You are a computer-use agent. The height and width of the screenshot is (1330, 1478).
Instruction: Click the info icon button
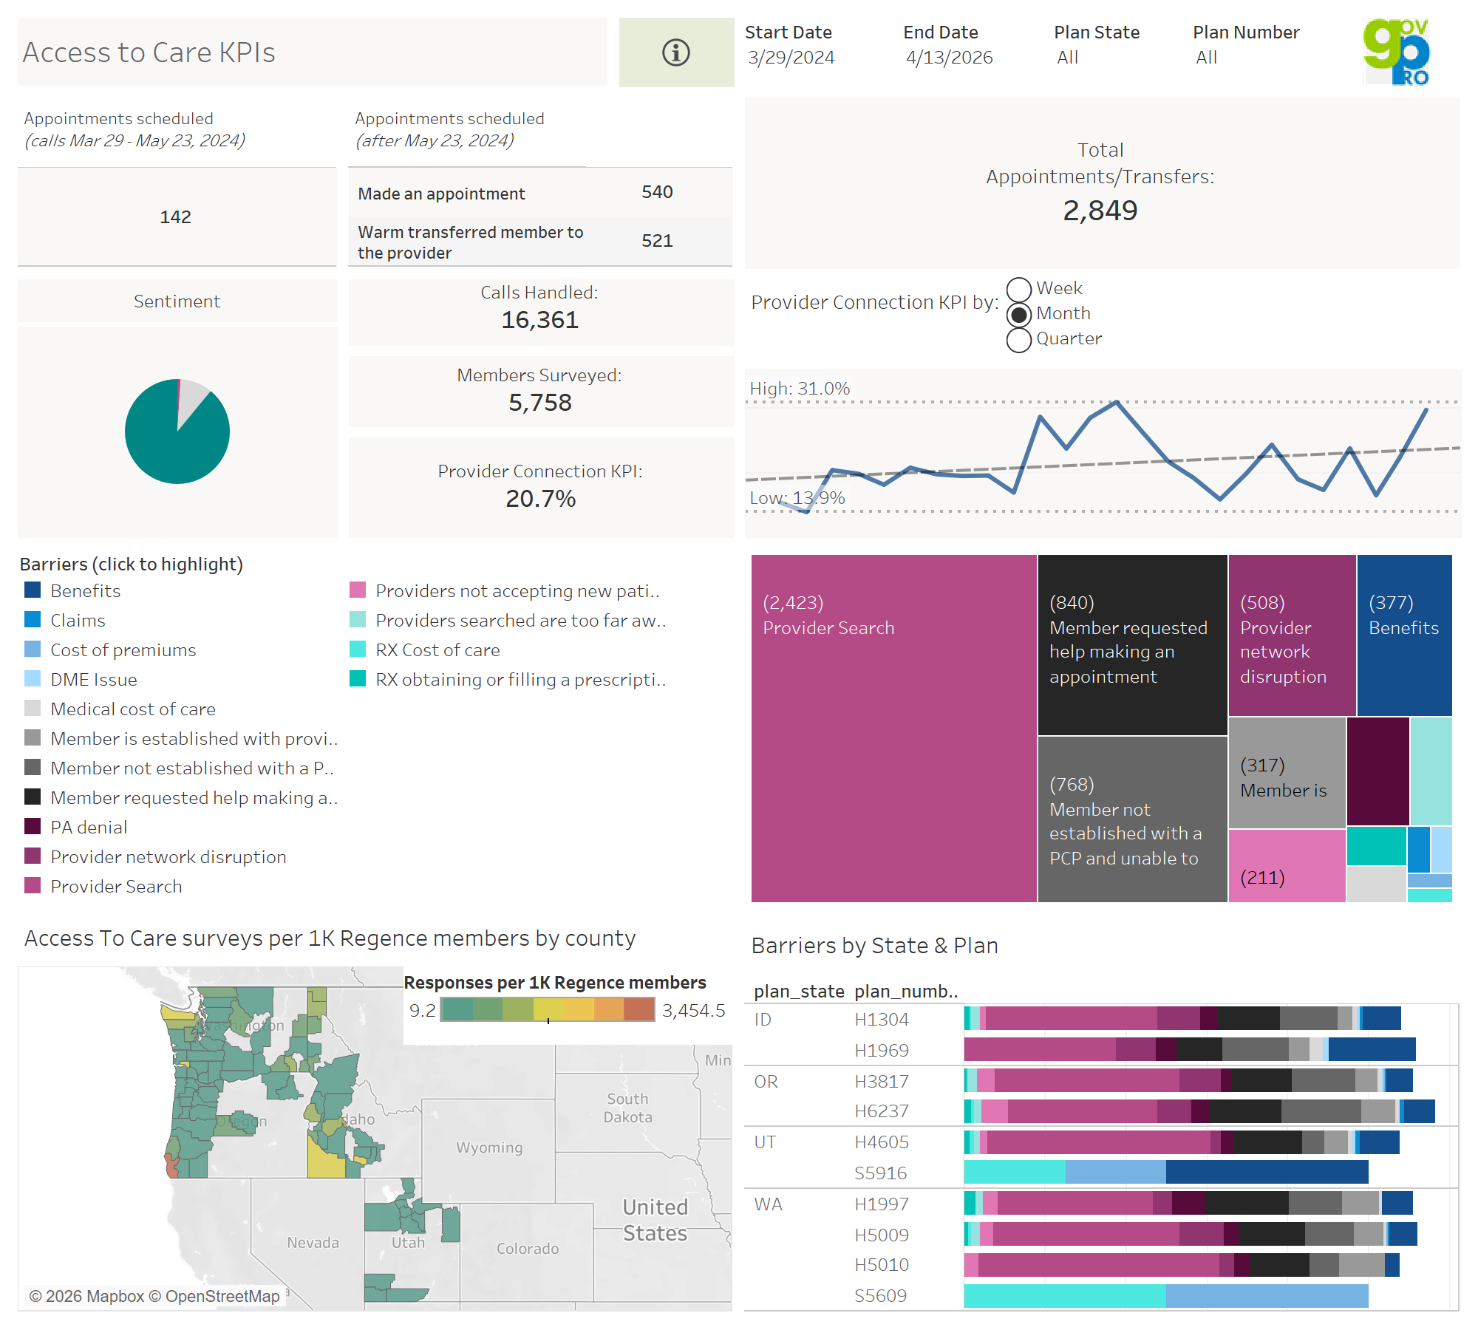675,52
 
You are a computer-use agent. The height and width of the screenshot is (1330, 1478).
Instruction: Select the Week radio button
1019,289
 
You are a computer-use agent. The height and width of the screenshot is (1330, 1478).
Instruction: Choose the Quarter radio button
1019,340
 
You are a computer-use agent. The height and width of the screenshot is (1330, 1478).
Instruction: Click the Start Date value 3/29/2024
791,58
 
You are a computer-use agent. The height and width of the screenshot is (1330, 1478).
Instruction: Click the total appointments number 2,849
1100,211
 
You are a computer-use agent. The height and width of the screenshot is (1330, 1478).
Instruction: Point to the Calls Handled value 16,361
539,320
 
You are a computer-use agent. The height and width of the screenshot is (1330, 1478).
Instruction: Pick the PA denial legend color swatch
33,826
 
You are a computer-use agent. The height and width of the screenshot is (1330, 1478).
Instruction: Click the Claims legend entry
78,621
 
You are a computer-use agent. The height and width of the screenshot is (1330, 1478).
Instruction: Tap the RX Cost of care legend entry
437,650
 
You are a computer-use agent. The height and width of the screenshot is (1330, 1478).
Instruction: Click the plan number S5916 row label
880,1173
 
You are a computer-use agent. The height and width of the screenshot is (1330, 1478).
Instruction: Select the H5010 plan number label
881,1265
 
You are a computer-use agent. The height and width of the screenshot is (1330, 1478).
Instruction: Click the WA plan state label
768,1204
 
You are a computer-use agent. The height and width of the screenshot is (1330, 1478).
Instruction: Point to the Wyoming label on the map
489,1147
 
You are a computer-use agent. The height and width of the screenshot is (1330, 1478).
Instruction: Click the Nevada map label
313,1243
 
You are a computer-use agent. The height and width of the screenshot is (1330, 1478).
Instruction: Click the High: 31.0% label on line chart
800,389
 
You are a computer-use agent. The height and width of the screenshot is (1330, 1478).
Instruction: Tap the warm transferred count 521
656,241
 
